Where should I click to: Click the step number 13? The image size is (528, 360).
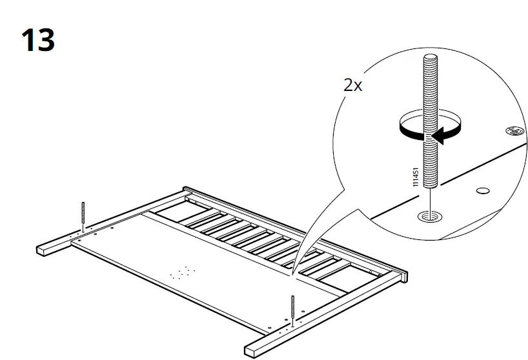(38, 41)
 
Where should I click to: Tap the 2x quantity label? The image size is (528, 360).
(353, 85)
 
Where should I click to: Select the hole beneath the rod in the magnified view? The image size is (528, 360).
(427, 216)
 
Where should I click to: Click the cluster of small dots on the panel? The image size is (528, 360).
(181, 273)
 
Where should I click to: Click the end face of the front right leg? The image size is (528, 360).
(252, 350)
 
